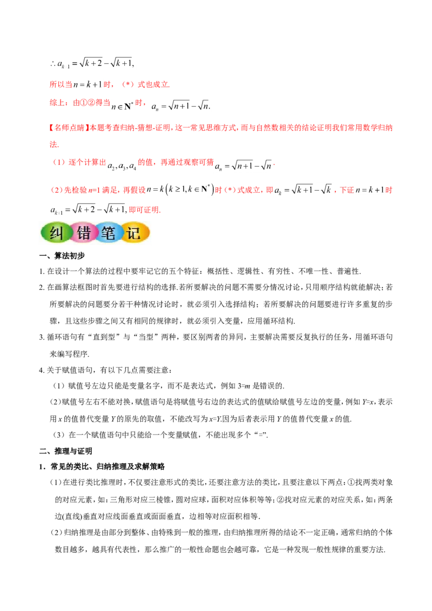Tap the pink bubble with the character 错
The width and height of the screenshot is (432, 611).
tap(84, 233)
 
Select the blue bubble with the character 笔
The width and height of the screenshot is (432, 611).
tap(109, 233)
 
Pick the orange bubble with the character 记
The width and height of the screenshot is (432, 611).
tap(135, 233)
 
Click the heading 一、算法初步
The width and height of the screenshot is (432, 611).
tap(62, 256)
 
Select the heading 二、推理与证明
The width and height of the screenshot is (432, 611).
tap(66, 451)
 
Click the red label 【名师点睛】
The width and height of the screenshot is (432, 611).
tap(67, 128)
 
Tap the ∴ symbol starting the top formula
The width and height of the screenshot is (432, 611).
tap(52, 64)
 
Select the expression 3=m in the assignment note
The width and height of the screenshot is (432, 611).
tap(244, 386)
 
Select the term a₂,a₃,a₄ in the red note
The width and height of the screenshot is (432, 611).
tap(122, 166)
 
